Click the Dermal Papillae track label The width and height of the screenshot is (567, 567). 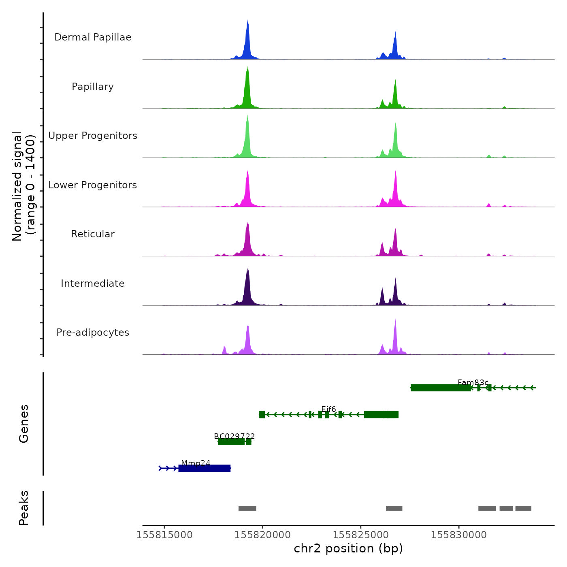click(x=93, y=37)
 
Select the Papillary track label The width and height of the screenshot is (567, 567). click(x=93, y=87)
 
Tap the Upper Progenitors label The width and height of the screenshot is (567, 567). click(x=93, y=136)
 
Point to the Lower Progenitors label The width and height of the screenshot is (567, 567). click(x=93, y=185)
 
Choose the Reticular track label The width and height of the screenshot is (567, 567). click(x=93, y=234)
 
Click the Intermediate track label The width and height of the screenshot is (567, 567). click(x=93, y=283)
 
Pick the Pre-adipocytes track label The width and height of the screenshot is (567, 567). click(x=93, y=333)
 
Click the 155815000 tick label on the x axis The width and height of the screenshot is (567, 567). click(x=164, y=535)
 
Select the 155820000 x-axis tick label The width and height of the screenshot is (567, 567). click(x=262, y=535)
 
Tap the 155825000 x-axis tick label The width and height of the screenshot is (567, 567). click(x=361, y=535)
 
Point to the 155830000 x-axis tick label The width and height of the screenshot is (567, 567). click(x=459, y=535)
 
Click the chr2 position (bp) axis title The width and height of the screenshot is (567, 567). click(x=348, y=548)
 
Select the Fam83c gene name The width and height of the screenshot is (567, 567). click(x=473, y=383)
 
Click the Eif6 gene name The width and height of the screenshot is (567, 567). click(x=328, y=409)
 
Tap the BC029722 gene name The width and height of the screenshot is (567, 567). click(x=234, y=436)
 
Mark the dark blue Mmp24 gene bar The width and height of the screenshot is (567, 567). click(x=205, y=469)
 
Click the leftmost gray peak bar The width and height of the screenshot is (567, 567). click(x=247, y=508)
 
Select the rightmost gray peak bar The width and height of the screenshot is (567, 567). click(x=523, y=508)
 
